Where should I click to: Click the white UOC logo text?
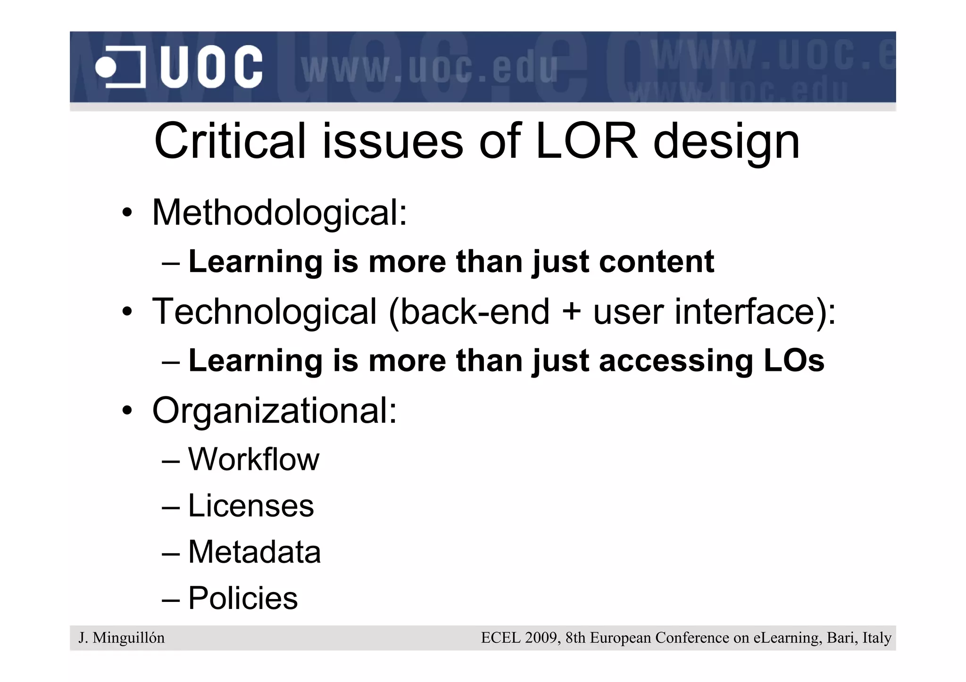point(211,67)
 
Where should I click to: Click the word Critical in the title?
point(230,141)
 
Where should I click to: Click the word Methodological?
point(279,213)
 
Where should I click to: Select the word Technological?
point(264,312)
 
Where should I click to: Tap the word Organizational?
point(274,411)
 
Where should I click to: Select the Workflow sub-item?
point(253,459)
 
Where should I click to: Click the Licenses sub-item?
point(251,506)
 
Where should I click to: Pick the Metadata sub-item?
point(254,552)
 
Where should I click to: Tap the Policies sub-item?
point(243,599)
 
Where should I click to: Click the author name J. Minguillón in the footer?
point(121,638)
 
